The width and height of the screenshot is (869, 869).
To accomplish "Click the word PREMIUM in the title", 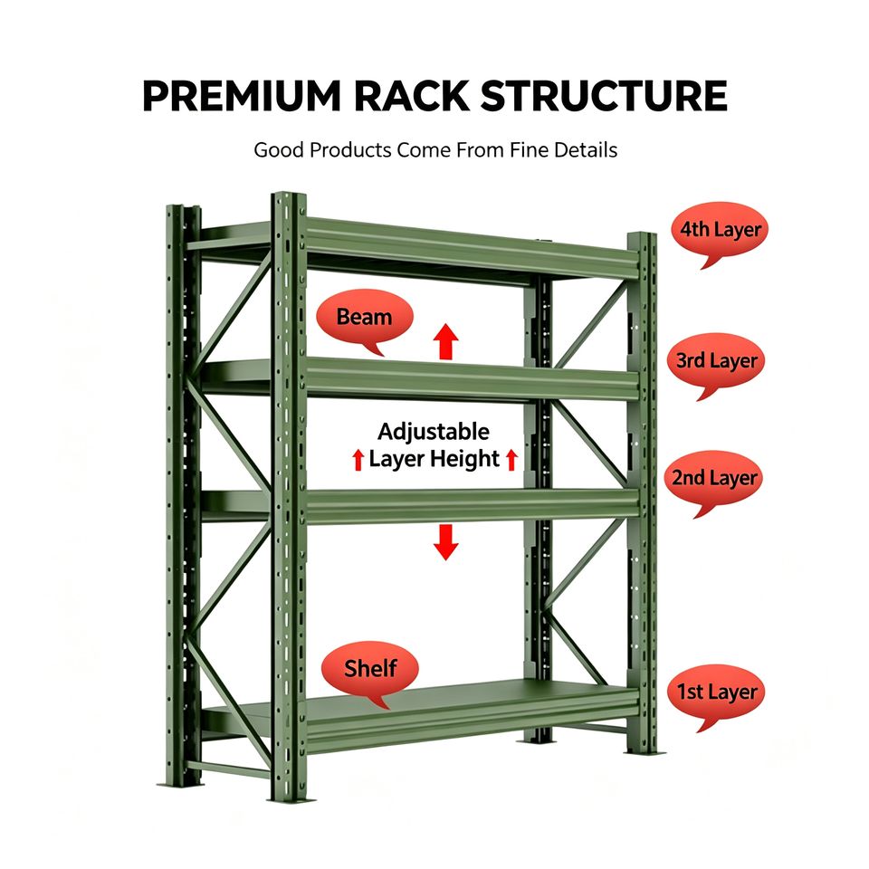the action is point(241,96).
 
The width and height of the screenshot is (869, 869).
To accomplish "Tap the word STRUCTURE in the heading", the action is point(604,96).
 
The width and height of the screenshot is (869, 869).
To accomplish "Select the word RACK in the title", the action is point(411,96).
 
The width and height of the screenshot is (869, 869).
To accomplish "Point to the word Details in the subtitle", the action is point(586,149).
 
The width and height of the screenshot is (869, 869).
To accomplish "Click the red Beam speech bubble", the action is point(365,320).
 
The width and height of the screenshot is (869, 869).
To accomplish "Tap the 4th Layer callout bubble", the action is point(720,233).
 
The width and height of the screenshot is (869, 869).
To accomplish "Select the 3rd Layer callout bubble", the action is point(716,364).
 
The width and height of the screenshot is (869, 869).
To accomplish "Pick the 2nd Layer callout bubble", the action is point(714,482).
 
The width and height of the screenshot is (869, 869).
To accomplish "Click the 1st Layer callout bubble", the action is point(716,695).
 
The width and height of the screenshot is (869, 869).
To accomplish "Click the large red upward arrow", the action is point(445,341).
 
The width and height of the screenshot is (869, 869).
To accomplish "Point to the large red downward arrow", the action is point(445,542).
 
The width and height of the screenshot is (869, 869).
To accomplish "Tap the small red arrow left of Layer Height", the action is point(358,460).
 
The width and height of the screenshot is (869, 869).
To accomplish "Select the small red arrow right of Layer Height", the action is point(512,460).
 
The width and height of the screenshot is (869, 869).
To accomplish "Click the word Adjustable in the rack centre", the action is point(434,432).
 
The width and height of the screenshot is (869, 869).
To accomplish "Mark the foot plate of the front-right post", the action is point(645,752).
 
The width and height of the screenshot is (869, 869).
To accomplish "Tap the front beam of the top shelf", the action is point(473,249).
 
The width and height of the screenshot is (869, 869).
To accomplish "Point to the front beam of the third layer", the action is point(473,380).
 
